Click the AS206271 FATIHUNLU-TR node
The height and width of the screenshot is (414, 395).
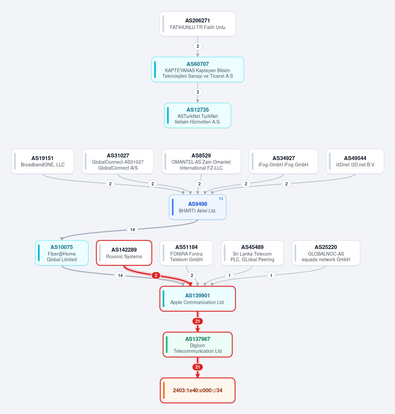click(x=197, y=24)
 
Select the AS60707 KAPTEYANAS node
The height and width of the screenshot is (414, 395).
click(x=197, y=69)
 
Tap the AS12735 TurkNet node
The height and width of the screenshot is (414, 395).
click(x=197, y=115)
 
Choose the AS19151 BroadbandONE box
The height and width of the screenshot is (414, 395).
click(x=42, y=161)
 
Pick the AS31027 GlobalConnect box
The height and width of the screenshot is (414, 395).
click(x=118, y=161)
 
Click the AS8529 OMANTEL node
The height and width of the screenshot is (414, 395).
click(x=201, y=161)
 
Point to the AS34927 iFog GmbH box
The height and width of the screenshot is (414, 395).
click(x=283, y=161)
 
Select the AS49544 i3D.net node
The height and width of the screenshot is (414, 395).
click(x=355, y=161)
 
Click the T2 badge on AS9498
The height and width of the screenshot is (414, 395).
click(x=221, y=199)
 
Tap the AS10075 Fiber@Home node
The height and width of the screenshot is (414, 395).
click(x=62, y=253)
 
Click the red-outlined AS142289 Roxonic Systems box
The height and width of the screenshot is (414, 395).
click(x=124, y=253)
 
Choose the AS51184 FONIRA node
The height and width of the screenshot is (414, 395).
click(x=186, y=253)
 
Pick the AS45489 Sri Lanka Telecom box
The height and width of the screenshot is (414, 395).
click(x=252, y=253)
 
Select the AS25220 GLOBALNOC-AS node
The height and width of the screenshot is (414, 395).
click(x=326, y=253)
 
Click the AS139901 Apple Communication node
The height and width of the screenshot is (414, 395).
click(x=197, y=299)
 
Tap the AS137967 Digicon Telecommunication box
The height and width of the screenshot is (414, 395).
click(x=197, y=345)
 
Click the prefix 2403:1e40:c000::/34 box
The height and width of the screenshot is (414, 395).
click(x=197, y=390)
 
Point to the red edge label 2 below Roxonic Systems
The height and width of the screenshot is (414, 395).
click(x=156, y=275)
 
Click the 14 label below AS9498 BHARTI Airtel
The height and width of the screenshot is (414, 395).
click(x=132, y=230)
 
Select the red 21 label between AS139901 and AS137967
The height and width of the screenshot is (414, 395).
click(x=197, y=321)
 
